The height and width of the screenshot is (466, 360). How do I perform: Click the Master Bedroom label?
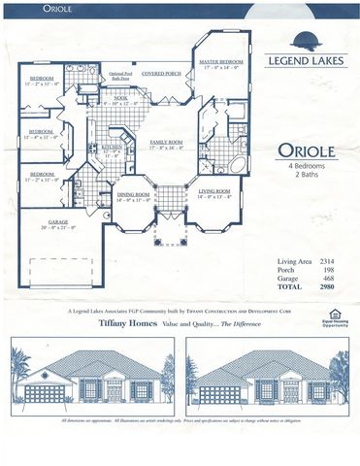221,61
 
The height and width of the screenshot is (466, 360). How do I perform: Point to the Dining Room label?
134,194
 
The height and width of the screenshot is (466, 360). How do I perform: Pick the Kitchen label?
112,148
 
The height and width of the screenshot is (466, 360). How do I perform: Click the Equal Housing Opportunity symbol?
334,313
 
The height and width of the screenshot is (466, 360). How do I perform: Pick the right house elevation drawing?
268,378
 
